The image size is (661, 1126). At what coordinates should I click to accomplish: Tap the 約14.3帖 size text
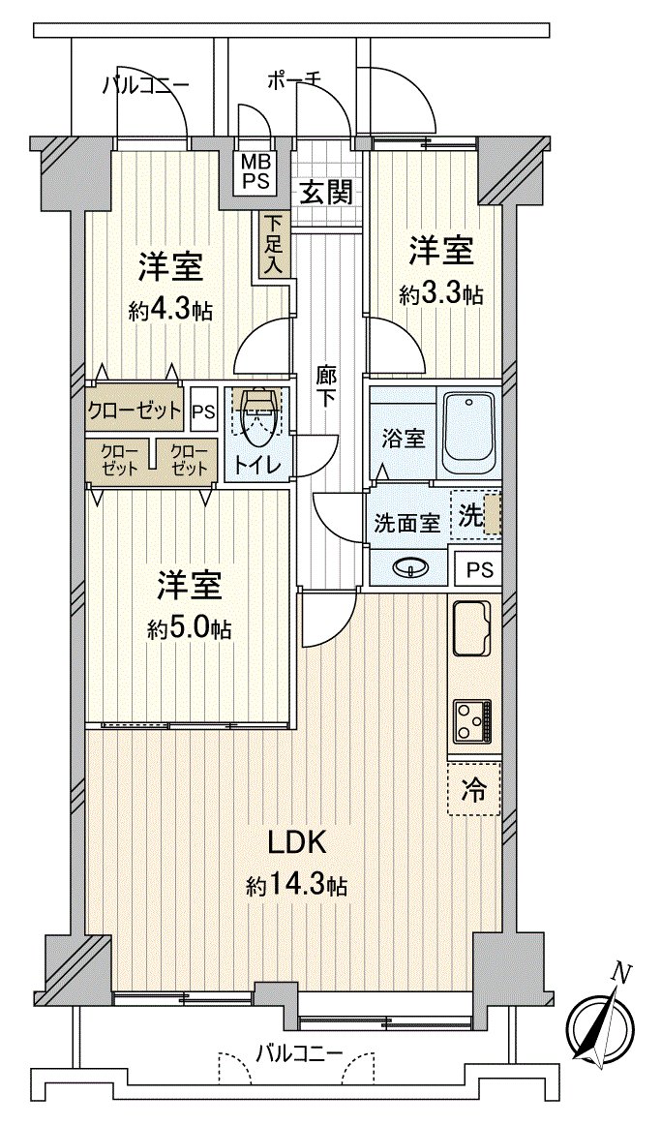(x=296, y=885)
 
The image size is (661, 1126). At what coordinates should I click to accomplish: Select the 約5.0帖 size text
(x=190, y=629)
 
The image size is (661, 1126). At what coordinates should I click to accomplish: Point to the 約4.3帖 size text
(x=170, y=311)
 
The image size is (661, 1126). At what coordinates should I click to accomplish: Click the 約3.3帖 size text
(x=440, y=294)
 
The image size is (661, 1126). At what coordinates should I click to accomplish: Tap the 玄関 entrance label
(x=324, y=192)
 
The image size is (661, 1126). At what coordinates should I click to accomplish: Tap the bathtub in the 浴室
(x=467, y=432)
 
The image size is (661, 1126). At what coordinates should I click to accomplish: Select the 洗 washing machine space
(x=480, y=514)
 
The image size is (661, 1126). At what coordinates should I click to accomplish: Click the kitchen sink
(x=473, y=630)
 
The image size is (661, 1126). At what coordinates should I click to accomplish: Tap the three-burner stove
(x=472, y=720)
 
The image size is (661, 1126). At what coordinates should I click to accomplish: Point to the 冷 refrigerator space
(x=474, y=789)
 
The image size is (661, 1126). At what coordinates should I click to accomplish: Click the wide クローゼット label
(x=135, y=410)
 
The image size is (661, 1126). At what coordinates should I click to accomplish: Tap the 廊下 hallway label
(x=328, y=384)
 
